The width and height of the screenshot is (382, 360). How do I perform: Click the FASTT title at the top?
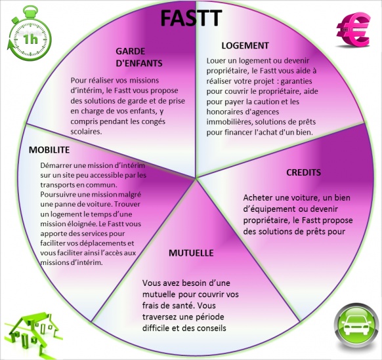pos(191,18)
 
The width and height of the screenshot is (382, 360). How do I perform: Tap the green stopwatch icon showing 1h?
pos(30,33)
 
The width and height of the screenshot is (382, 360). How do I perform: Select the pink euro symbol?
pos(353,30)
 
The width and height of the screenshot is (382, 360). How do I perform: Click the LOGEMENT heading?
pos(245,45)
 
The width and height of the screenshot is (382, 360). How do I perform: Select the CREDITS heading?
pos(303,172)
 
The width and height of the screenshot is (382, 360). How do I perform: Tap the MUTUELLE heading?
pos(191,253)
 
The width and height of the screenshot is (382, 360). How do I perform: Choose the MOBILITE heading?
pos(49,150)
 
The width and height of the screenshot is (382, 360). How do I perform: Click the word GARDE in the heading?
pos(131,51)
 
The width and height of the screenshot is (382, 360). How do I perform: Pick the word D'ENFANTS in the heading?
pos(139,64)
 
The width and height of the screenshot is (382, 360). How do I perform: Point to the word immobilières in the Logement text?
pos(230,121)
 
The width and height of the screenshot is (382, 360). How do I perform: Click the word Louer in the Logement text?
pos(216,60)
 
